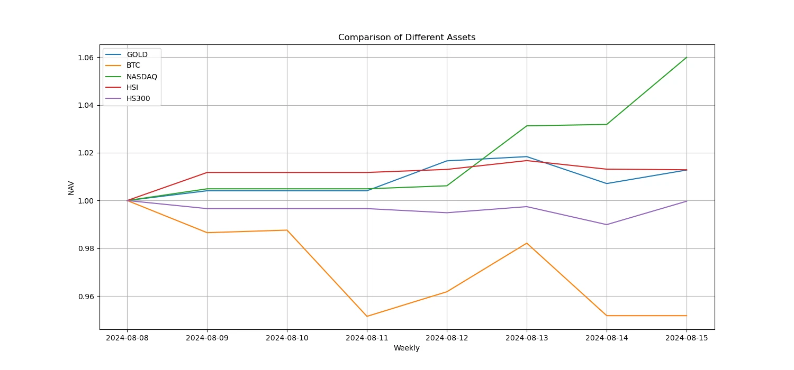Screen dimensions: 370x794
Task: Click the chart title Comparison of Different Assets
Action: [407, 38]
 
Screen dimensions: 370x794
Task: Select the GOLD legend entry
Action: [137, 54]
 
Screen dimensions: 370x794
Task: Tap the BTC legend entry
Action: [133, 66]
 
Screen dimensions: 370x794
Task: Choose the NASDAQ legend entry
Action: [142, 77]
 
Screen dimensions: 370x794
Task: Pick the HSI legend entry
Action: [132, 88]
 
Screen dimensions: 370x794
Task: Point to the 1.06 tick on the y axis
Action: [87, 58]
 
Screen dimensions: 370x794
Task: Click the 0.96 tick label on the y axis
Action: [87, 297]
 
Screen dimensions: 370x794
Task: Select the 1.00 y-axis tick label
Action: [87, 201]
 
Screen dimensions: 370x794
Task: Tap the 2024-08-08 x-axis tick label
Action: [127, 338]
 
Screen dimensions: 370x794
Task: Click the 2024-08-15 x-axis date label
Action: [687, 338]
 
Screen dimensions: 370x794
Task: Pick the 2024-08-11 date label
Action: [367, 338]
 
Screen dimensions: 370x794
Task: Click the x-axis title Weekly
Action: [407, 348]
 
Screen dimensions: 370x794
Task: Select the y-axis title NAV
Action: [71, 187]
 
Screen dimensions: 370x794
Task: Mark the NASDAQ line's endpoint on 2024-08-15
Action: [687, 57]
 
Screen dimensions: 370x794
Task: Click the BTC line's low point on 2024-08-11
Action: [367, 316]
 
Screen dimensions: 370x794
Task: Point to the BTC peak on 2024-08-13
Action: [527, 243]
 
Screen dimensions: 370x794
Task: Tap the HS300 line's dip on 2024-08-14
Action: [607, 225]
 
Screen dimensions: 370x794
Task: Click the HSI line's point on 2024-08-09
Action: [207, 172]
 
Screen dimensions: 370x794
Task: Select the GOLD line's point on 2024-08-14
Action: [607, 183]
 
